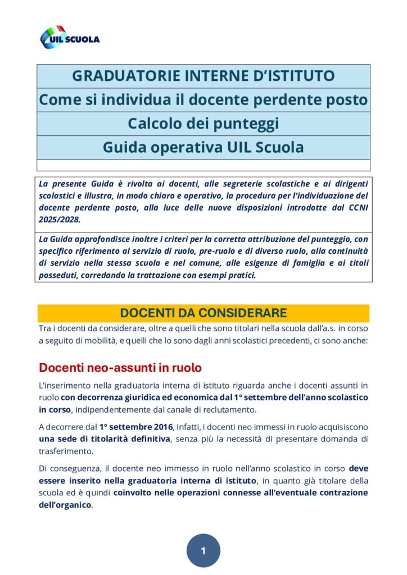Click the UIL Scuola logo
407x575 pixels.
(70, 38)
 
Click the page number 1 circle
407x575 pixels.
(203, 550)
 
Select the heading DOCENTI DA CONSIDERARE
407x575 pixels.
(203, 313)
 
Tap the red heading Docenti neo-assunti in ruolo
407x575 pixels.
(120, 368)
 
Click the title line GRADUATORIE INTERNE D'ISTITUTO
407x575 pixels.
(203, 76)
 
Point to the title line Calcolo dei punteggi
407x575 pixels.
(203, 123)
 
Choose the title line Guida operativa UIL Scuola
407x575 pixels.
(203, 147)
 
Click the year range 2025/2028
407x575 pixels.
(59, 220)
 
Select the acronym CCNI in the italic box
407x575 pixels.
(357, 208)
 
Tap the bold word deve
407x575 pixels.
(358, 468)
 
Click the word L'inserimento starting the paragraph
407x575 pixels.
(62, 385)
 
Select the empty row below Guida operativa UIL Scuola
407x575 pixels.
(203, 165)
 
